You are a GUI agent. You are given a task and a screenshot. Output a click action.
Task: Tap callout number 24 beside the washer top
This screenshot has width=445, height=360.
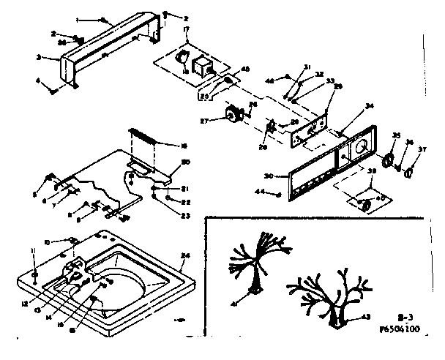point(185,255)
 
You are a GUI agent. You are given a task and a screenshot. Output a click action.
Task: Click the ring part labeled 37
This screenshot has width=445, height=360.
point(408,171)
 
